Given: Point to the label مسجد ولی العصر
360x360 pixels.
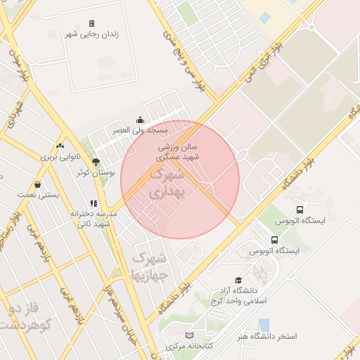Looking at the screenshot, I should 141,131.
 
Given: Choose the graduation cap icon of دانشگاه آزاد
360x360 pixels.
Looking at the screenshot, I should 238,281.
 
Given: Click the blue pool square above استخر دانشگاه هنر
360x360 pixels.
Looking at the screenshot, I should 264,324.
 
